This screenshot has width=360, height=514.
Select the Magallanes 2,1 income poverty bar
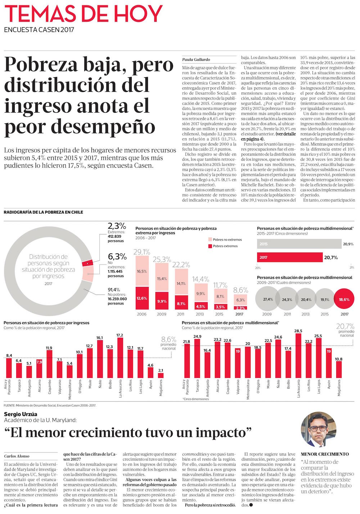click(161, 375)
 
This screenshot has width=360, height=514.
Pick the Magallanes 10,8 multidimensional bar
click(339, 369)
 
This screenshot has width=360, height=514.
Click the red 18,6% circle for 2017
click(344, 299)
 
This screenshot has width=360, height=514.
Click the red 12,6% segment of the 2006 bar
click(142, 298)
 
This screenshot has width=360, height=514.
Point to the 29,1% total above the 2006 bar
click(142, 252)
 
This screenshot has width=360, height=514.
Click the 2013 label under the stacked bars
click(200, 314)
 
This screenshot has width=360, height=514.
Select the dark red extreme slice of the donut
click(87, 263)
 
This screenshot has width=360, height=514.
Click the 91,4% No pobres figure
click(114, 290)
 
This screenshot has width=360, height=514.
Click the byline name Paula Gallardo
click(196, 59)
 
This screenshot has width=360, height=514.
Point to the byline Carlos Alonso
click(17, 456)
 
